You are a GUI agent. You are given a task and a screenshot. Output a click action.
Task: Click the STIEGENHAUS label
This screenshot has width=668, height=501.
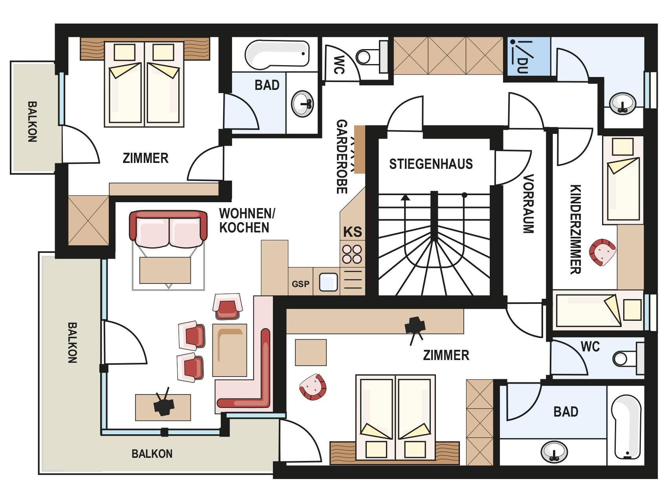pyautogui.click(x=431, y=164)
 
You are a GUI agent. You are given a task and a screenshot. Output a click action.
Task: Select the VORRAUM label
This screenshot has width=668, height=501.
pyautogui.click(x=529, y=204)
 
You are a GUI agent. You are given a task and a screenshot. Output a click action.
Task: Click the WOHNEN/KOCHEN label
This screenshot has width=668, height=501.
pyautogui.click(x=247, y=221)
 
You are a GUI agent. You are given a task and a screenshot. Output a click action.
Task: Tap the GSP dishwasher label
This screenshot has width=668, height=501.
pyautogui.click(x=300, y=284)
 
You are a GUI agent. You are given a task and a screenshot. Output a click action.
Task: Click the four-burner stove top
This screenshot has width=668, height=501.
pyautogui.click(x=352, y=254)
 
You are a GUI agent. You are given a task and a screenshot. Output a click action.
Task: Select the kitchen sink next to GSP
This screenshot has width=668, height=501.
pyautogui.click(x=329, y=282)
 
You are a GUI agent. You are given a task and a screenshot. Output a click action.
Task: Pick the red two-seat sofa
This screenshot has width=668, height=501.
pyautogui.click(x=168, y=229)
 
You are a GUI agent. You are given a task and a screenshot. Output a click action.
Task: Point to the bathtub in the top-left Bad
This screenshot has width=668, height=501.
pyautogui.click(x=276, y=55)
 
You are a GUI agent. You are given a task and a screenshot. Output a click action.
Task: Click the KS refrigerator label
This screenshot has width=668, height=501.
pyautogui.click(x=352, y=232)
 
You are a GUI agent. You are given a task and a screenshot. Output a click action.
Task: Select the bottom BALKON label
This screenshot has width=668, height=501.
pyautogui.click(x=152, y=454)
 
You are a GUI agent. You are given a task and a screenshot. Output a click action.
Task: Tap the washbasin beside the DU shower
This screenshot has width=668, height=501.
pyautogui.click(x=623, y=103)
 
